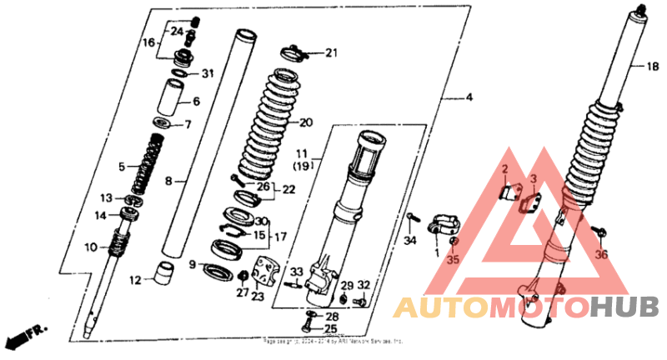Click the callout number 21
[x=332, y=54]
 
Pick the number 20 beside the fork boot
[x=305, y=122]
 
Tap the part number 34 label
[x=409, y=242]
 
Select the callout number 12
[x=135, y=280]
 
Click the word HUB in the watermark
[x=624, y=308]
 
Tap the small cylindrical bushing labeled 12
[x=163, y=272]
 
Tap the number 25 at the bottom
[x=331, y=329]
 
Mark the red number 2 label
[x=504, y=170]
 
